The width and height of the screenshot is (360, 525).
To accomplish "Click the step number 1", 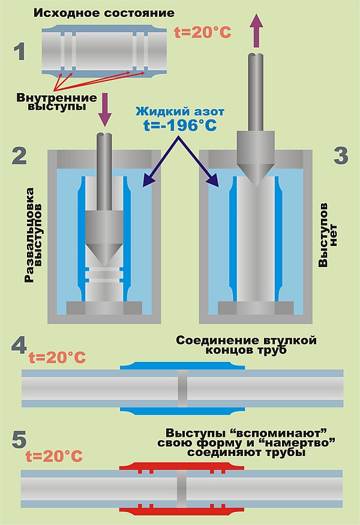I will click(x=19, y=51).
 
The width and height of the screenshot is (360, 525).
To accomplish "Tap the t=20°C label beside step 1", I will click(x=202, y=33).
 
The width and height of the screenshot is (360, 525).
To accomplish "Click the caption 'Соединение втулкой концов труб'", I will click(x=247, y=346).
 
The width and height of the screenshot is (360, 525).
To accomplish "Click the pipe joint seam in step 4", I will click(x=182, y=390).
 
